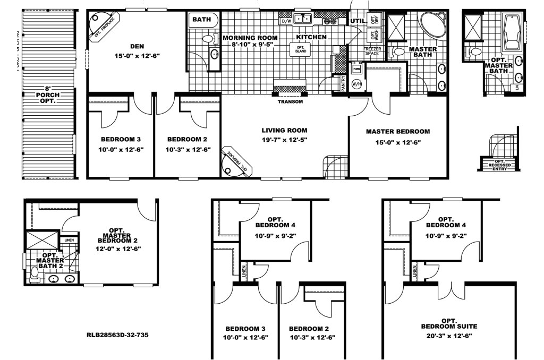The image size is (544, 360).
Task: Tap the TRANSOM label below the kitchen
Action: click(x=290, y=101)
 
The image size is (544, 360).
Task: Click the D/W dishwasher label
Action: click(x=285, y=21)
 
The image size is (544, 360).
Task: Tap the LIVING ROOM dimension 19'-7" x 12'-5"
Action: click(x=284, y=140)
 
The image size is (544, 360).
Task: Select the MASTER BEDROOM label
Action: click(x=398, y=131)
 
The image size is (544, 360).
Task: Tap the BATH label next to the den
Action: click(x=201, y=20)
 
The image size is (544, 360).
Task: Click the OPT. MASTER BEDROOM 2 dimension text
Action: click(x=118, y=248)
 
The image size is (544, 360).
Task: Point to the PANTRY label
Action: click(x=343, y=84)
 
